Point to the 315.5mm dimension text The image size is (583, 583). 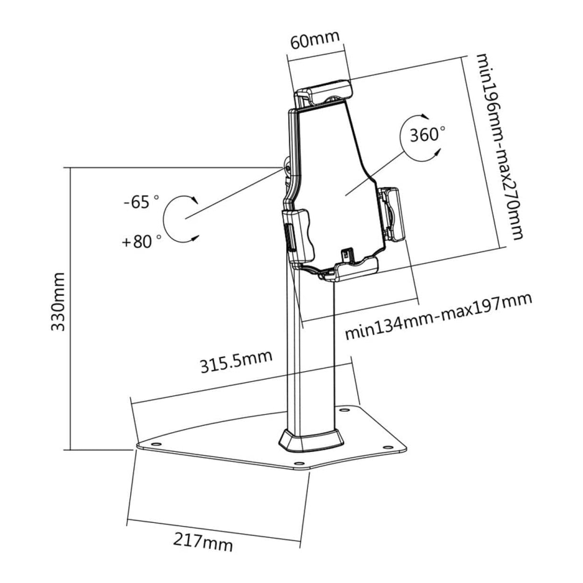[x=236, y=362]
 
